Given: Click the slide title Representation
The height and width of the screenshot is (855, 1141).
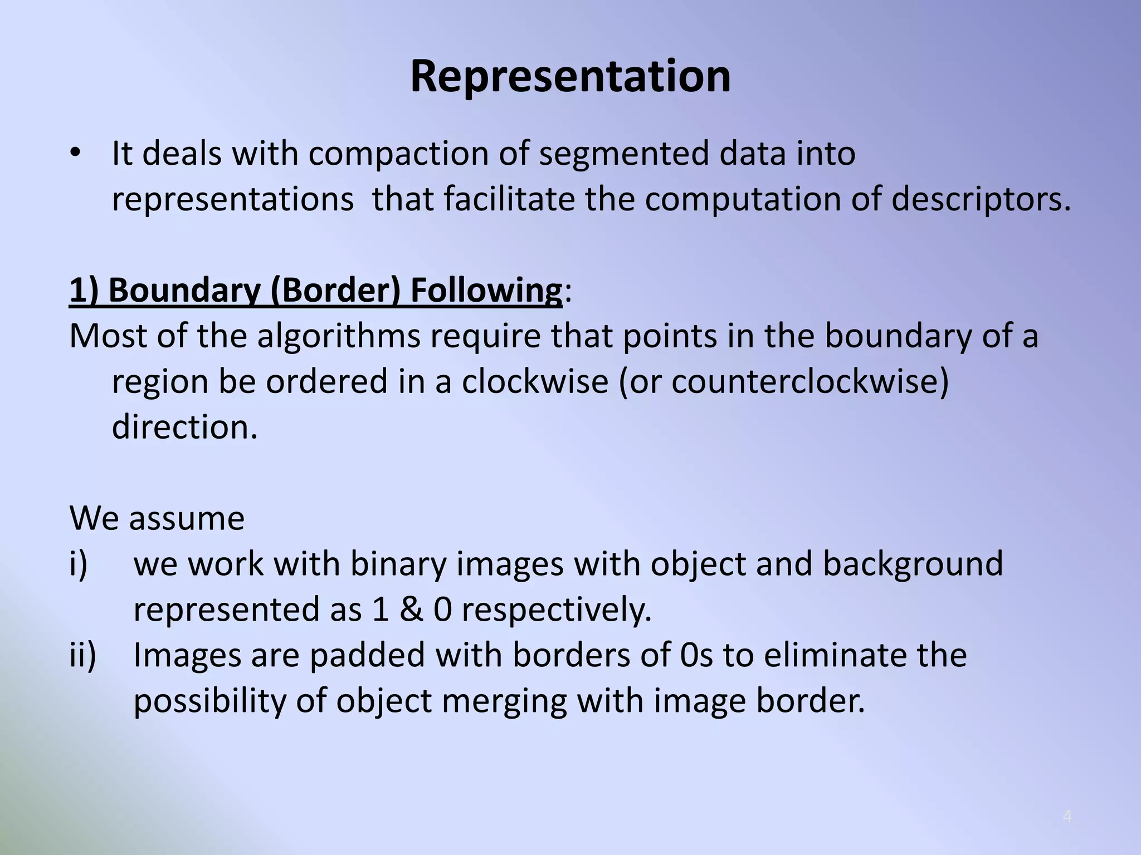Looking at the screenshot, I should pos(570,76).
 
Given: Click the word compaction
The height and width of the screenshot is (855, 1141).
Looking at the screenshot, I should pos(398,154).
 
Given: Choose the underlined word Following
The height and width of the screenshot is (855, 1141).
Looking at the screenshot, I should pos(486,291).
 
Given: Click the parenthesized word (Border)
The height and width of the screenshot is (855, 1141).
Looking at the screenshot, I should pos(335,291).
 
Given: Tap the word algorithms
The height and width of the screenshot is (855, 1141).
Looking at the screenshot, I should pos(339,337).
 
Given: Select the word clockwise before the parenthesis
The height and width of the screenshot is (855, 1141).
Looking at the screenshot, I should pos(534,382).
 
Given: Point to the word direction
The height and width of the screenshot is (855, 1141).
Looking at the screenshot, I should pos(184,427).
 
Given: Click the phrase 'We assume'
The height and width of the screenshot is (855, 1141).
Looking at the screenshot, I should pos(157,519).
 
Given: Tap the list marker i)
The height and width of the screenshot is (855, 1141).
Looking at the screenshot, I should pos(79,564).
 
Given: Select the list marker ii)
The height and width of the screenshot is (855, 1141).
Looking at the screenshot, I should pos(82,655).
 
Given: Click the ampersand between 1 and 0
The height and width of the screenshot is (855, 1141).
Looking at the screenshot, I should pos(411,610).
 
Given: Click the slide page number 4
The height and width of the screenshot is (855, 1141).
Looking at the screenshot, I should pos(1067,817).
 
